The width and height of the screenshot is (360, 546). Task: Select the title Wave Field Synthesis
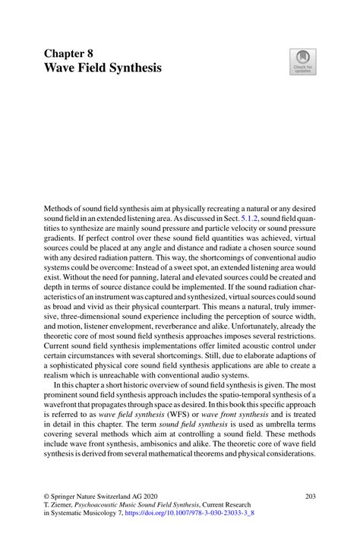(103, 69)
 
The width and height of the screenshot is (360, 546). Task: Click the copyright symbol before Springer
(46, 496)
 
